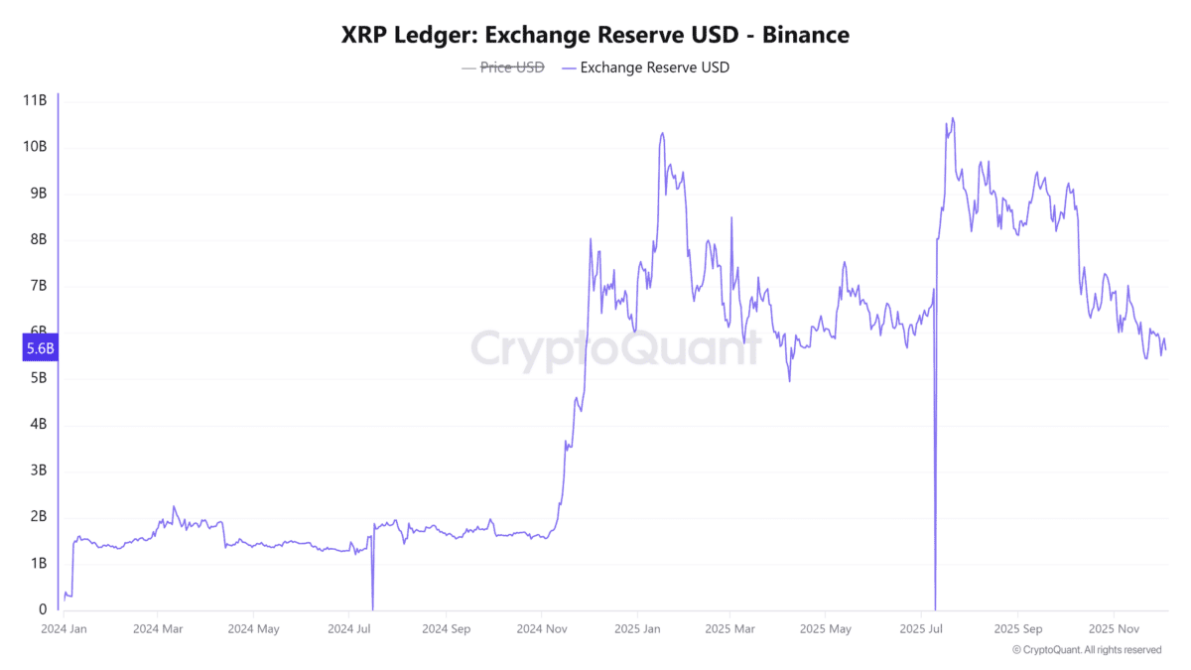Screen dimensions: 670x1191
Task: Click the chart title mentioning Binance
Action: pyautogui.click(x=595, y=35)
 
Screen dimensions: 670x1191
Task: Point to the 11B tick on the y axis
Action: pyautogui.click(x=35, y=100)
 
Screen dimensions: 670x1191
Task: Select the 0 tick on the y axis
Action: pyautogui.click(x=42, y=609)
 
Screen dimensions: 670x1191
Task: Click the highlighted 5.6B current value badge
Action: pyautogui.click(x=41, y=348)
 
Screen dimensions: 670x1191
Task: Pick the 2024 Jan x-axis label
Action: pyautogui.click(x=65, y=629)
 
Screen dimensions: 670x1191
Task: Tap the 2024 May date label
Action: pyautogui.click(x=253, y=629)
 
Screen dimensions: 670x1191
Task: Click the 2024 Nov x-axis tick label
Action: pyautogui.click(x=540, y=629)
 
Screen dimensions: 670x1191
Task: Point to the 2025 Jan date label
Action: pyautogui.click(x=636, y=629)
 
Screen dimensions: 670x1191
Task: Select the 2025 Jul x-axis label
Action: pyautogui.click(x=922, y=629)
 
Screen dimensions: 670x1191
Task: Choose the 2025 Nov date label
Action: pyautogui.click(x=1114, y=629)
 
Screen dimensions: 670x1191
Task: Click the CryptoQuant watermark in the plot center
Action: pyautogui.click(x=615, y=348)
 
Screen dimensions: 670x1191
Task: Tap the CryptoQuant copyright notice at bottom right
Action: pyautogui.click(x=1087, y=650)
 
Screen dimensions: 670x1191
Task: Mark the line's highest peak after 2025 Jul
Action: pyautogui.click(x=953, y=118)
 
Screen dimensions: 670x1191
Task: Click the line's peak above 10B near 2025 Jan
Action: pyautogui.click(x=662, y=133)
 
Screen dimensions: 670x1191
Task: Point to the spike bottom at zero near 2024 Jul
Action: pyautogui.click(x=372, y=608)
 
